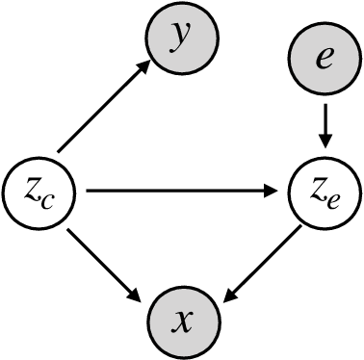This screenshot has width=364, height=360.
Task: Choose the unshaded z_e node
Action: pos(325,193)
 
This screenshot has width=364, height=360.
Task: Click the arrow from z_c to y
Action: pos(104,107)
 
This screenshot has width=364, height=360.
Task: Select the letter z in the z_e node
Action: pos(317,191)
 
